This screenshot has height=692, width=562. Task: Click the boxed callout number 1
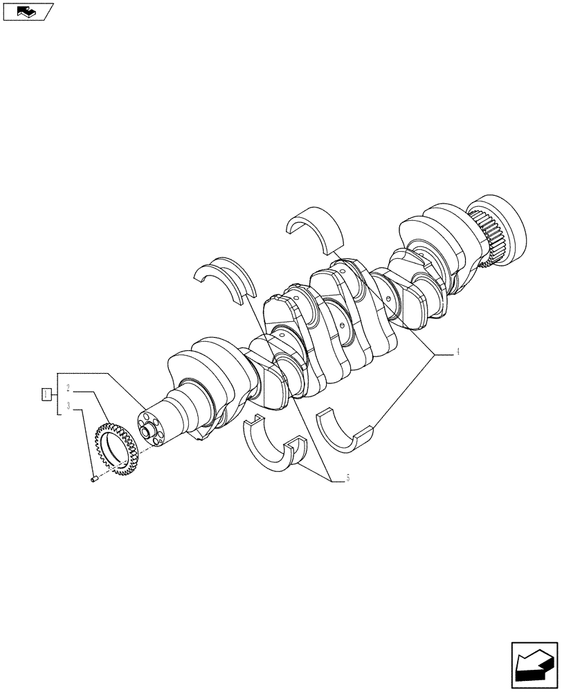click(45, 394)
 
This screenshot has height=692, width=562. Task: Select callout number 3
click(69, 406)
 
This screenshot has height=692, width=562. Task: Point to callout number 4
click(457, 352)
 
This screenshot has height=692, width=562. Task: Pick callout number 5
click(347, 477)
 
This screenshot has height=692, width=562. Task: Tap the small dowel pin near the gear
click(93, 477)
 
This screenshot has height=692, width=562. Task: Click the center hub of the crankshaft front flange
click(147, 432)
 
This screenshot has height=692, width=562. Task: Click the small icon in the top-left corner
click(27, 11)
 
